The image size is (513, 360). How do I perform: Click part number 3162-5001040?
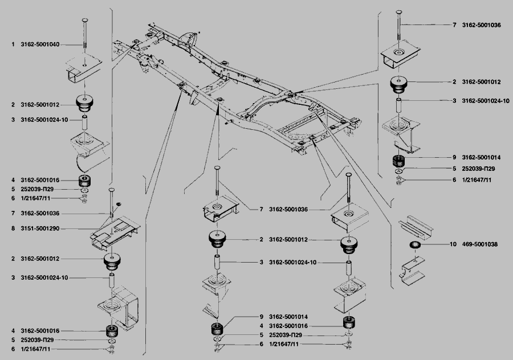click(x=40, y=44)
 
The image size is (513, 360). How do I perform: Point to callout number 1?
click(x=13, y=44)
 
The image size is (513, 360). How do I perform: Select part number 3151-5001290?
click(x=40, y=228)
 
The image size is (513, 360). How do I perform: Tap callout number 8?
click(x=13, y=228)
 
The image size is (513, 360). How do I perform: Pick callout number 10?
click(x=453, y=244)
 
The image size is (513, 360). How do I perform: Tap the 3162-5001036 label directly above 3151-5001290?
click(x=40, y=213)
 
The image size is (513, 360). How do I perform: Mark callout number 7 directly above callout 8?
click(x=13, y=213)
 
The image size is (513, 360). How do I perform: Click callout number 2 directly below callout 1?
click(x=13, y=105)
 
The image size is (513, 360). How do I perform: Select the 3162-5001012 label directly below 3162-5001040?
click(x=40, y=105)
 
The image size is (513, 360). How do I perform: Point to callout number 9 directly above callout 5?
click(x=454, y=157)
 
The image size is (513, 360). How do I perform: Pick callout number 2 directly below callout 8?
click(x=13, y=259)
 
